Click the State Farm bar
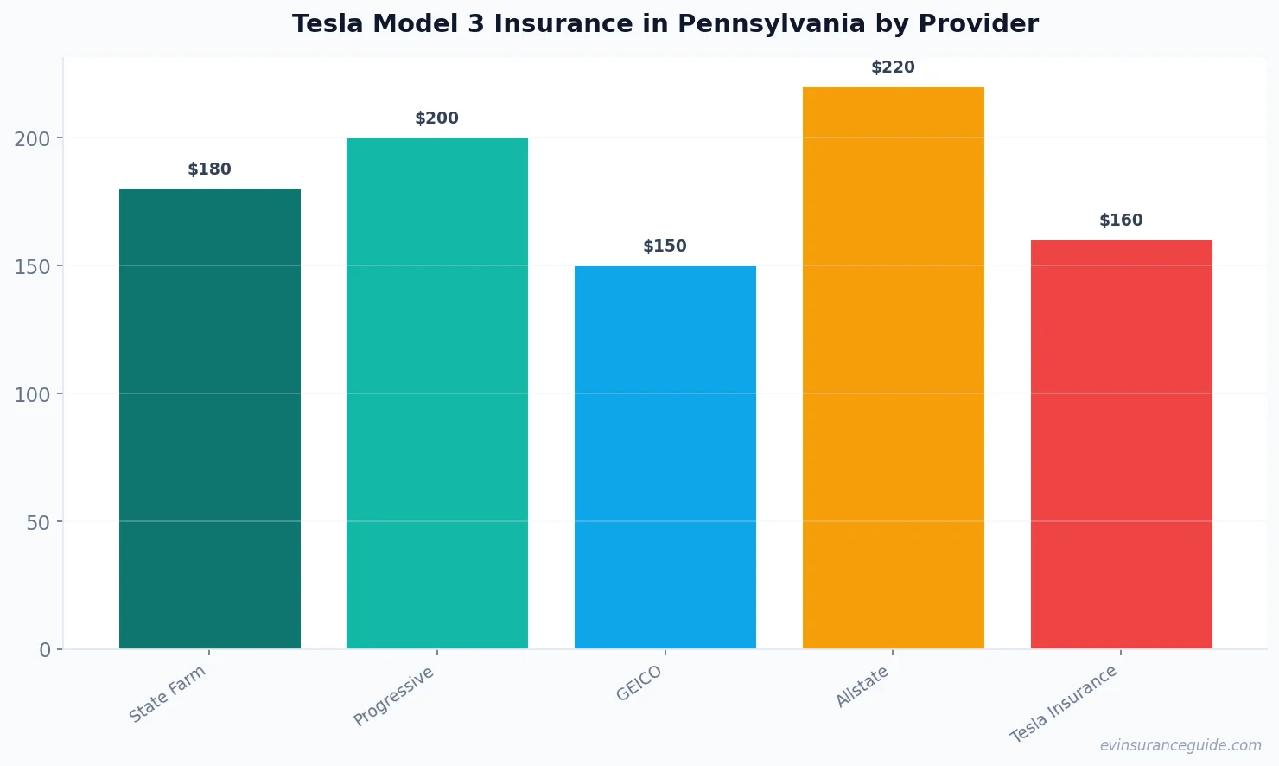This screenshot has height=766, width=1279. tap(209, 419)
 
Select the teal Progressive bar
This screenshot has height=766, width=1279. tap(436, 393)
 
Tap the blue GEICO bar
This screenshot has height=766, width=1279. tap(665, 457)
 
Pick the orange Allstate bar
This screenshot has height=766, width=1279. tap(893, 367)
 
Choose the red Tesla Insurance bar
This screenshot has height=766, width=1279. tap(1121, 444)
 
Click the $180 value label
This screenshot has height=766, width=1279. tap(209, 169)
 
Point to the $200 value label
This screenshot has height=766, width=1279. tap(436, 118)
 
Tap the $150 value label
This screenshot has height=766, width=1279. tap(665, 246)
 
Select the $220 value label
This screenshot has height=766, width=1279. tap(893, 67)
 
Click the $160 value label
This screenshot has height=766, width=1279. tap(1121, 220)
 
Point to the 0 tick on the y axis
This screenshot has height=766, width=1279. tap(45, 650)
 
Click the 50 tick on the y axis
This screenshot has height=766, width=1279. tap(38, 522)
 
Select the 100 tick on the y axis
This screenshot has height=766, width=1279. tap(32, 394)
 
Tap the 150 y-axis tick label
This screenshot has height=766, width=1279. tap(32, 266)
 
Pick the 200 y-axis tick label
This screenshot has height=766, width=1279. tap(32, 138)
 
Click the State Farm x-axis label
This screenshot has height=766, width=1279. tap(168, 694)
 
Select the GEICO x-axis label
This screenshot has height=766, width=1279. tap(639, 684)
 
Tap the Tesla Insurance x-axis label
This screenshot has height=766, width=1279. tap(1064, 704)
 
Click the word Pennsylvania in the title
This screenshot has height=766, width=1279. tap(785, 24)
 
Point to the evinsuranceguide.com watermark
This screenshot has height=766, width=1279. tap(1180, 745)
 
